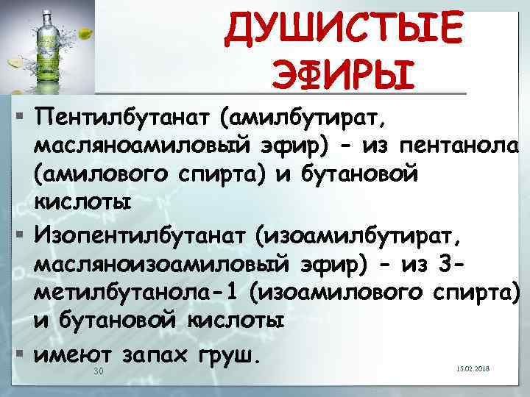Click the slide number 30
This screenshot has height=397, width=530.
click(x=100, y=373)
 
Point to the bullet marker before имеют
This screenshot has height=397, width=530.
click(x=13, y=354)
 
